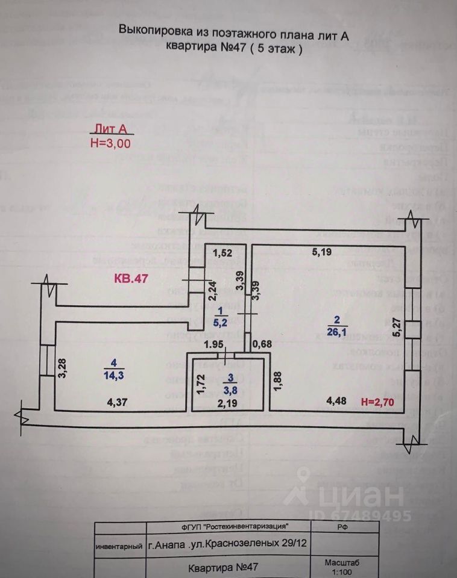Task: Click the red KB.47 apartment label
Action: [131, 279]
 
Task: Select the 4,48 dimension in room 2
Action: [336, 402]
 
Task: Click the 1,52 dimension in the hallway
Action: [222, 253]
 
